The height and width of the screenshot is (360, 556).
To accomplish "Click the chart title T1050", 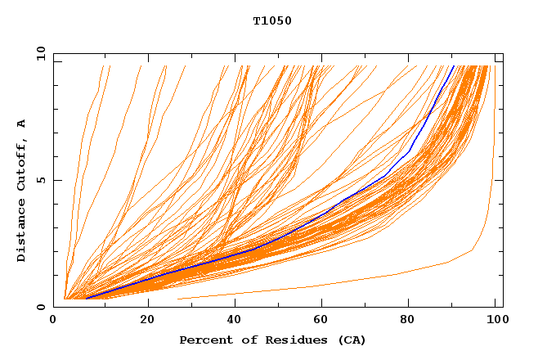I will coord(272,21).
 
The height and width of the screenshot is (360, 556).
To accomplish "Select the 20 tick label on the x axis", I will coord(148,320).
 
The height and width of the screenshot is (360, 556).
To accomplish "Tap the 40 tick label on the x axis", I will coord(235,320).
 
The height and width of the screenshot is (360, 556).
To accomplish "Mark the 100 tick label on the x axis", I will coord(495,320).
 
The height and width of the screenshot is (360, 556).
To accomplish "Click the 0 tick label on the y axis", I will coord(40,308).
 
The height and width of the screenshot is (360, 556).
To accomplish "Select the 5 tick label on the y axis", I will coord(40,180).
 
